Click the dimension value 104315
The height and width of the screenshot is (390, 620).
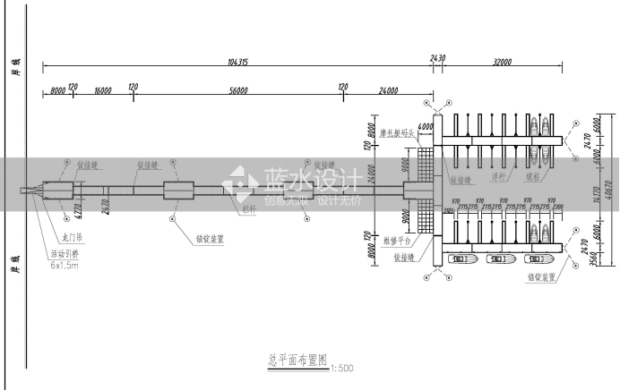coord(237,62)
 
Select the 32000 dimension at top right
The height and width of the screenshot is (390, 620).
coord(501,62)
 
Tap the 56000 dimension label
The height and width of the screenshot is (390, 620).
coord(238,90)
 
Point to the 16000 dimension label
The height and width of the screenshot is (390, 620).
coord(102,90)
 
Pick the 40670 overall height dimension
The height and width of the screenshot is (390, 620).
coord(609,191)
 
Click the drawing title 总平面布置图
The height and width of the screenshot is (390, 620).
coord(297,362)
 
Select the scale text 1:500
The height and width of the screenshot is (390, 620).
coord(342,368)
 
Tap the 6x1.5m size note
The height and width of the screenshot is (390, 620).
coord(65,266)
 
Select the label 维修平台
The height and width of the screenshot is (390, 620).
coord(396,241)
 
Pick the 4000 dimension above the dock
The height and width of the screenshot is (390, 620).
coord(425,127)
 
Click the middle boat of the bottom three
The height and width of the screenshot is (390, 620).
coord(498,259)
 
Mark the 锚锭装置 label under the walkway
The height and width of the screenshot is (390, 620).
coord(210,239)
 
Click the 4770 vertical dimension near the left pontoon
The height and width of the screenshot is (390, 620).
coord(78,211)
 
